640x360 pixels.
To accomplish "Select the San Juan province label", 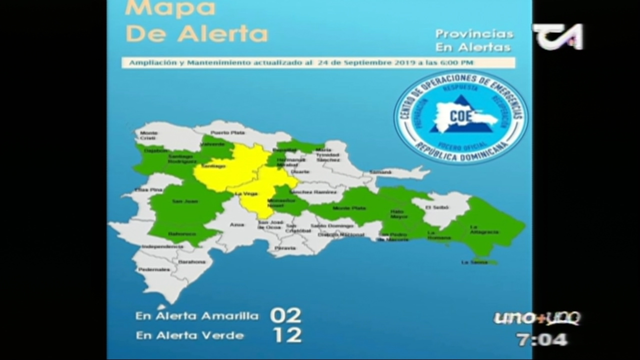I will pos(177,201).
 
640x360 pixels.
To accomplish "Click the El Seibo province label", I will pos(434,207).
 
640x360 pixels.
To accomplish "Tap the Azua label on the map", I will pos(237,225).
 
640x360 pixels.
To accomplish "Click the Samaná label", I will pos(380,172).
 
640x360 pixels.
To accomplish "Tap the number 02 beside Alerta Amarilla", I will pos(285,315).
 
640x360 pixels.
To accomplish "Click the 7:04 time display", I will pos(542,340).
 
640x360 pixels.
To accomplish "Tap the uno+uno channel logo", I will pos(537,318).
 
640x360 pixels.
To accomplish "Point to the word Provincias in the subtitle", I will pos(474,34).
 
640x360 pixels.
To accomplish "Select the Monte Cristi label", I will pos(149,135).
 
